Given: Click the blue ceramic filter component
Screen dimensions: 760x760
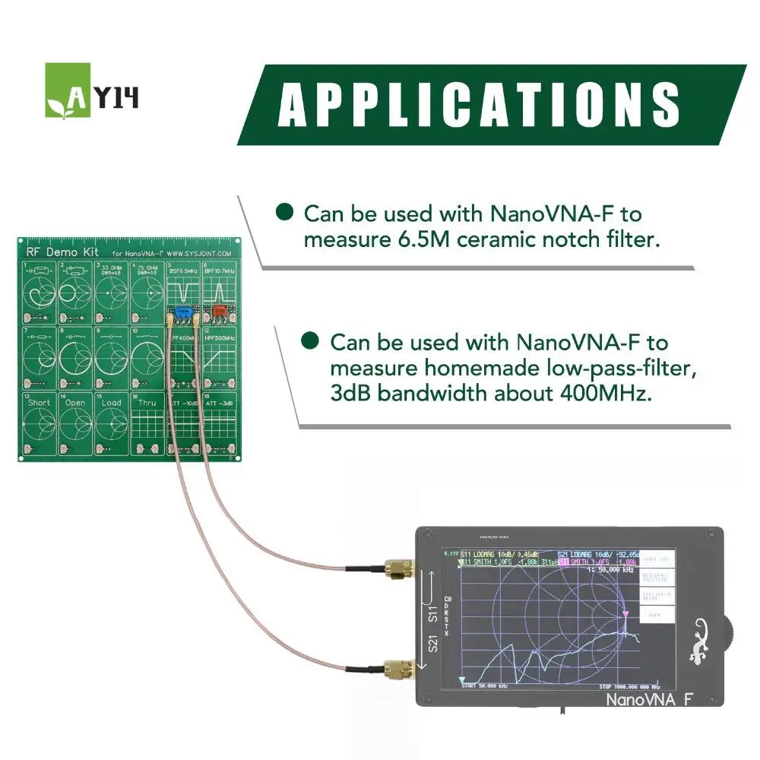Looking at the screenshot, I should pyautogui.click(x=182, y=312).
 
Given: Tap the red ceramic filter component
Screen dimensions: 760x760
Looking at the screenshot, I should pyautogui.click(x=219, y=310).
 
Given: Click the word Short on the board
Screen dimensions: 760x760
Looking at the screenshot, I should pyautogui.click(x=39, y=402).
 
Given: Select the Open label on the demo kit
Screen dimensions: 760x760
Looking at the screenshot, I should pyautogui.click(x=75, y=402).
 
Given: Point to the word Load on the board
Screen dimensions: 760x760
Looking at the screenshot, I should pyautogui.click(x=112, y=402).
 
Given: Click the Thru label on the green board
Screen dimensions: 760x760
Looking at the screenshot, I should pyautogui.click(x=147, y=402).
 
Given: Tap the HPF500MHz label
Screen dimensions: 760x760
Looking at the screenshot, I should pyautogui.click(x=219, y=337).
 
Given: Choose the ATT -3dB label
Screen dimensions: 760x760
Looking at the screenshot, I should pyautogui.click(x=220, y=402).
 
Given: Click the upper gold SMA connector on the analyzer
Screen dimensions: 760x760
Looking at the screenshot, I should pyautogui.click(x=396, y=568).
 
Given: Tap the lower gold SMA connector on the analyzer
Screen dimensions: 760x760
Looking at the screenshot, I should pyautogui.click(x=396, y=670).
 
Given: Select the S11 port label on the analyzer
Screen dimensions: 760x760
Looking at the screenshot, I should pyautogui.click(x=432, y=615).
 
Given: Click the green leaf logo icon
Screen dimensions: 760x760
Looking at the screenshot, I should pyautogui.click(x=67, y=90).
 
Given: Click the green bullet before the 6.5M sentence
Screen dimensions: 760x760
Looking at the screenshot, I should pyautogui.click(x=284, y=212).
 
